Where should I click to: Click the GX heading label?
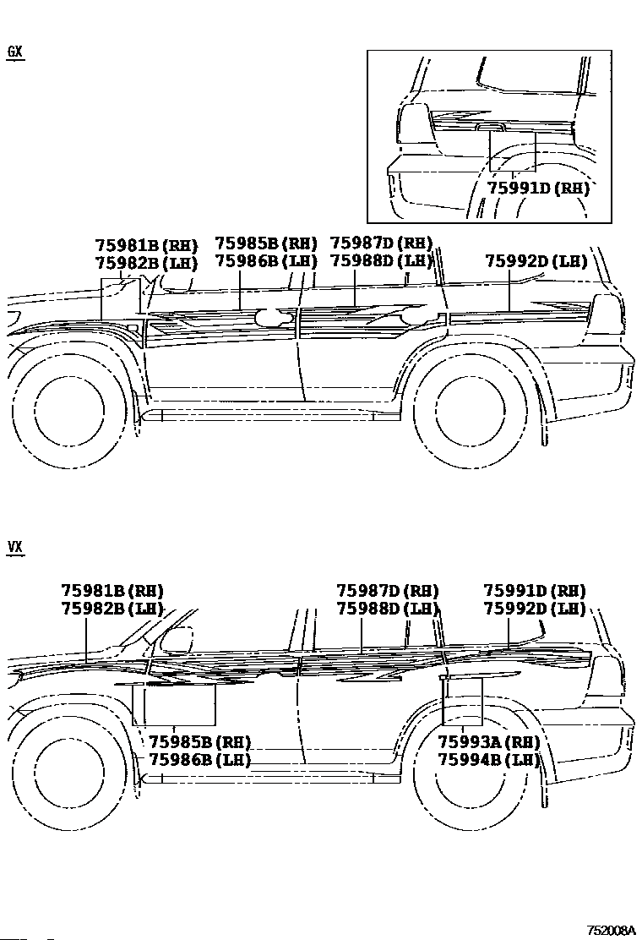15,52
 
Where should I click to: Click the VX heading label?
15,547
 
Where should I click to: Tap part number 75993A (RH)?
489,742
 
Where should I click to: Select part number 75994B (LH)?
489,760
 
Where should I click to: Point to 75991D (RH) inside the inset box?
538,189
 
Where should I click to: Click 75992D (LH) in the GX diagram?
536,260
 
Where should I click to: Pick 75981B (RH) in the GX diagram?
146,245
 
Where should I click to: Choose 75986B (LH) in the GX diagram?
266,260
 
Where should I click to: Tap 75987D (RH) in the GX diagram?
382,243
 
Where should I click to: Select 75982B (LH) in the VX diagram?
112,609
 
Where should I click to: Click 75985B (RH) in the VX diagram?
199,742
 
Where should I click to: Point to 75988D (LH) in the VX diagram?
388,609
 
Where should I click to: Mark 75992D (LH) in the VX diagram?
534,609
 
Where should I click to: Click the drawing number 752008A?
611,931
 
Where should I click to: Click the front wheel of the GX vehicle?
69,411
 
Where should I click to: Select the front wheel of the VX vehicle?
69,773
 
